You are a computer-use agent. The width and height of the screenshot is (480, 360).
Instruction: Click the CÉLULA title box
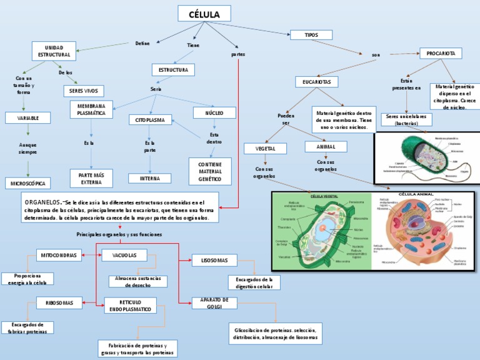point(204,14)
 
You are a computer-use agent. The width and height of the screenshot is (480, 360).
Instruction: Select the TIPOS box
point(311,35)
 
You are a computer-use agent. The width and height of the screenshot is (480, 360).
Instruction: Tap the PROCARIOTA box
point(441,54)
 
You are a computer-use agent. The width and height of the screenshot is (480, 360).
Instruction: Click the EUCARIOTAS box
point(316,82)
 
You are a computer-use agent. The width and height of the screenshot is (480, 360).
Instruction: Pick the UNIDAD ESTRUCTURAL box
point(54,51)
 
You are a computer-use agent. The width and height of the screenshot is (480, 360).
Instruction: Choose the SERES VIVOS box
point(82,91)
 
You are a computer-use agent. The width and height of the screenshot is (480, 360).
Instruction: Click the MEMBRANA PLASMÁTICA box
point(91,110)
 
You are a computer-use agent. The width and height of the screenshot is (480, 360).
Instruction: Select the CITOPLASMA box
point(150,119)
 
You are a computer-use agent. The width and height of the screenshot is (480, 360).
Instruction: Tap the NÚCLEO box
point(214,112)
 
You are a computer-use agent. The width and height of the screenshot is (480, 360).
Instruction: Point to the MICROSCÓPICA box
point(28,183)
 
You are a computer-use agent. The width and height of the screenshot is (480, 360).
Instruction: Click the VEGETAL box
point(265,148)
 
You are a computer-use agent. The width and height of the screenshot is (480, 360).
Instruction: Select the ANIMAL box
point(326,147)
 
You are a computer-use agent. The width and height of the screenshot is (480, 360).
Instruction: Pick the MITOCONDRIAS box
point(60,255)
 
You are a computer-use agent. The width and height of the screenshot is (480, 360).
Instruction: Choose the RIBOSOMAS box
point(60,303)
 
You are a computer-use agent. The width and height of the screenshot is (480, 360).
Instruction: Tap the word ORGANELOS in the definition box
point(42,203)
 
